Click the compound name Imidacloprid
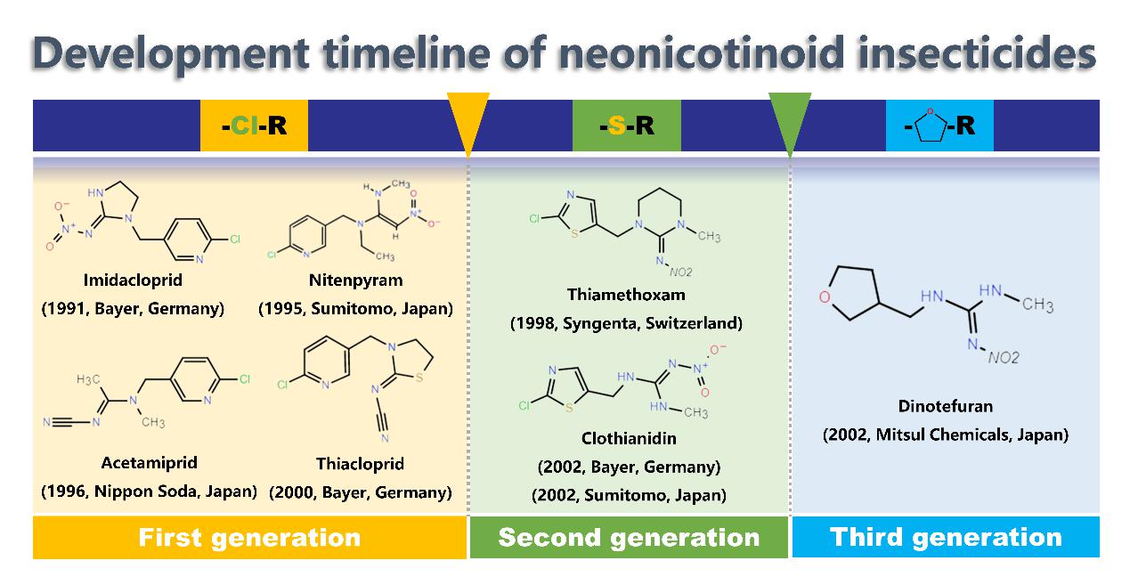point(133,280)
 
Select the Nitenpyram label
point(356,280)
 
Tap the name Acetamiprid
point(150,463)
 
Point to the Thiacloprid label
point(360,464)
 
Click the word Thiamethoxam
point(626,295)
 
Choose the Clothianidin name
point(630,438)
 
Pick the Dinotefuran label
point(946,406)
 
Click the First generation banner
point(249,538)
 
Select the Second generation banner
point(629,538)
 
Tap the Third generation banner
point(946,538)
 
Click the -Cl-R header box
point(254,126)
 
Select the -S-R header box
point(626,126)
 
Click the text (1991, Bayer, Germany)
point(133,309)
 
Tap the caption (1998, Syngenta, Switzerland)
point(626,323)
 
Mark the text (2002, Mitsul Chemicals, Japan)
point(946,435)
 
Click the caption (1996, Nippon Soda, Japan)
point(150,492)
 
